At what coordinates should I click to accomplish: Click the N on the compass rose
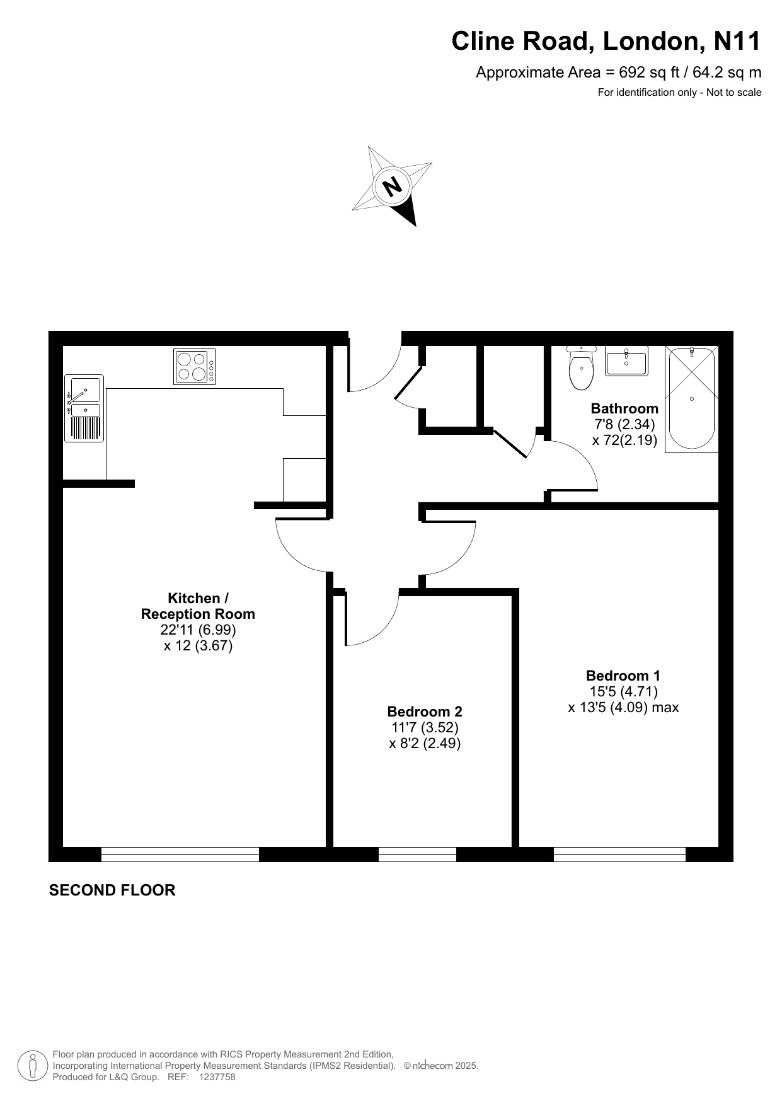tap(393, 186)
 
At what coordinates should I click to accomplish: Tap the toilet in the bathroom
tap(580, 368)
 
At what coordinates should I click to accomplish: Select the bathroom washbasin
tap(626, 361)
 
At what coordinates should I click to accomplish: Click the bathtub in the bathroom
tap(691, 399)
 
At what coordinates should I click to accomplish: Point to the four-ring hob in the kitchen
tap(194, 366)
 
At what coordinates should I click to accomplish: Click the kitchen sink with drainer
tap(84, 408)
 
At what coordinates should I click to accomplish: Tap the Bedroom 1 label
tap(623, 676)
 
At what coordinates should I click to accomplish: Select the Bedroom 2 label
tap(425, 711)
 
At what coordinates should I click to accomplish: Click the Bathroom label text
tap(624, 408)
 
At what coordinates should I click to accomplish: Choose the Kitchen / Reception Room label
tap(198, 606)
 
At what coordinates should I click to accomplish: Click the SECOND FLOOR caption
tap(112, 890)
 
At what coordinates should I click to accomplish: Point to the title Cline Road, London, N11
tap(606, 42)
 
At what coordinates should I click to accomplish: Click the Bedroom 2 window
tap(417, 854)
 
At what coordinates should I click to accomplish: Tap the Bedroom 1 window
tap(619, 854)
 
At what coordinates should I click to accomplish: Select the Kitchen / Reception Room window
tap(180, 854)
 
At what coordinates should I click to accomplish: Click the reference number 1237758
tap(217, 1077)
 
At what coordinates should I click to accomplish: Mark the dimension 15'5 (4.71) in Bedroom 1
tap(623, 691)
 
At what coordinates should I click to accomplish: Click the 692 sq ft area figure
tap(649, 72)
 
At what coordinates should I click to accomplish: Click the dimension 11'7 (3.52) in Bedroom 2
tap(425, 727)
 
